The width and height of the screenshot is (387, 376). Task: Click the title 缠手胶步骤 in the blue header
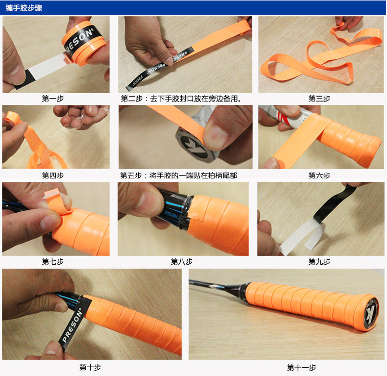click(24, 8)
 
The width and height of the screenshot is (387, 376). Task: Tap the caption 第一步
click(53, 99)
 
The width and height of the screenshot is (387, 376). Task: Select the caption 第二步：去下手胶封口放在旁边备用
click(181, 99)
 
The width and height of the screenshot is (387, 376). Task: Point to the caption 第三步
click(319, 99)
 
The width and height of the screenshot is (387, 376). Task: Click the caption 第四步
click(53, 175)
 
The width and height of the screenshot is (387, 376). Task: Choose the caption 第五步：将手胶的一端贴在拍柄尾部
click(178, 175)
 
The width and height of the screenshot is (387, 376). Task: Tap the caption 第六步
click(319, 175)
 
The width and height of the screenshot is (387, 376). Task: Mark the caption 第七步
click(53, 261)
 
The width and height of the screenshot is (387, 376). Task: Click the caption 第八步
click(182, 261)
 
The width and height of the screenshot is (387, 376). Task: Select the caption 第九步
click(319, 261)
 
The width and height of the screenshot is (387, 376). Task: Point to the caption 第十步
click(90, 367)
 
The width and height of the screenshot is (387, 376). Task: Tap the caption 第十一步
click(301, 367)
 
